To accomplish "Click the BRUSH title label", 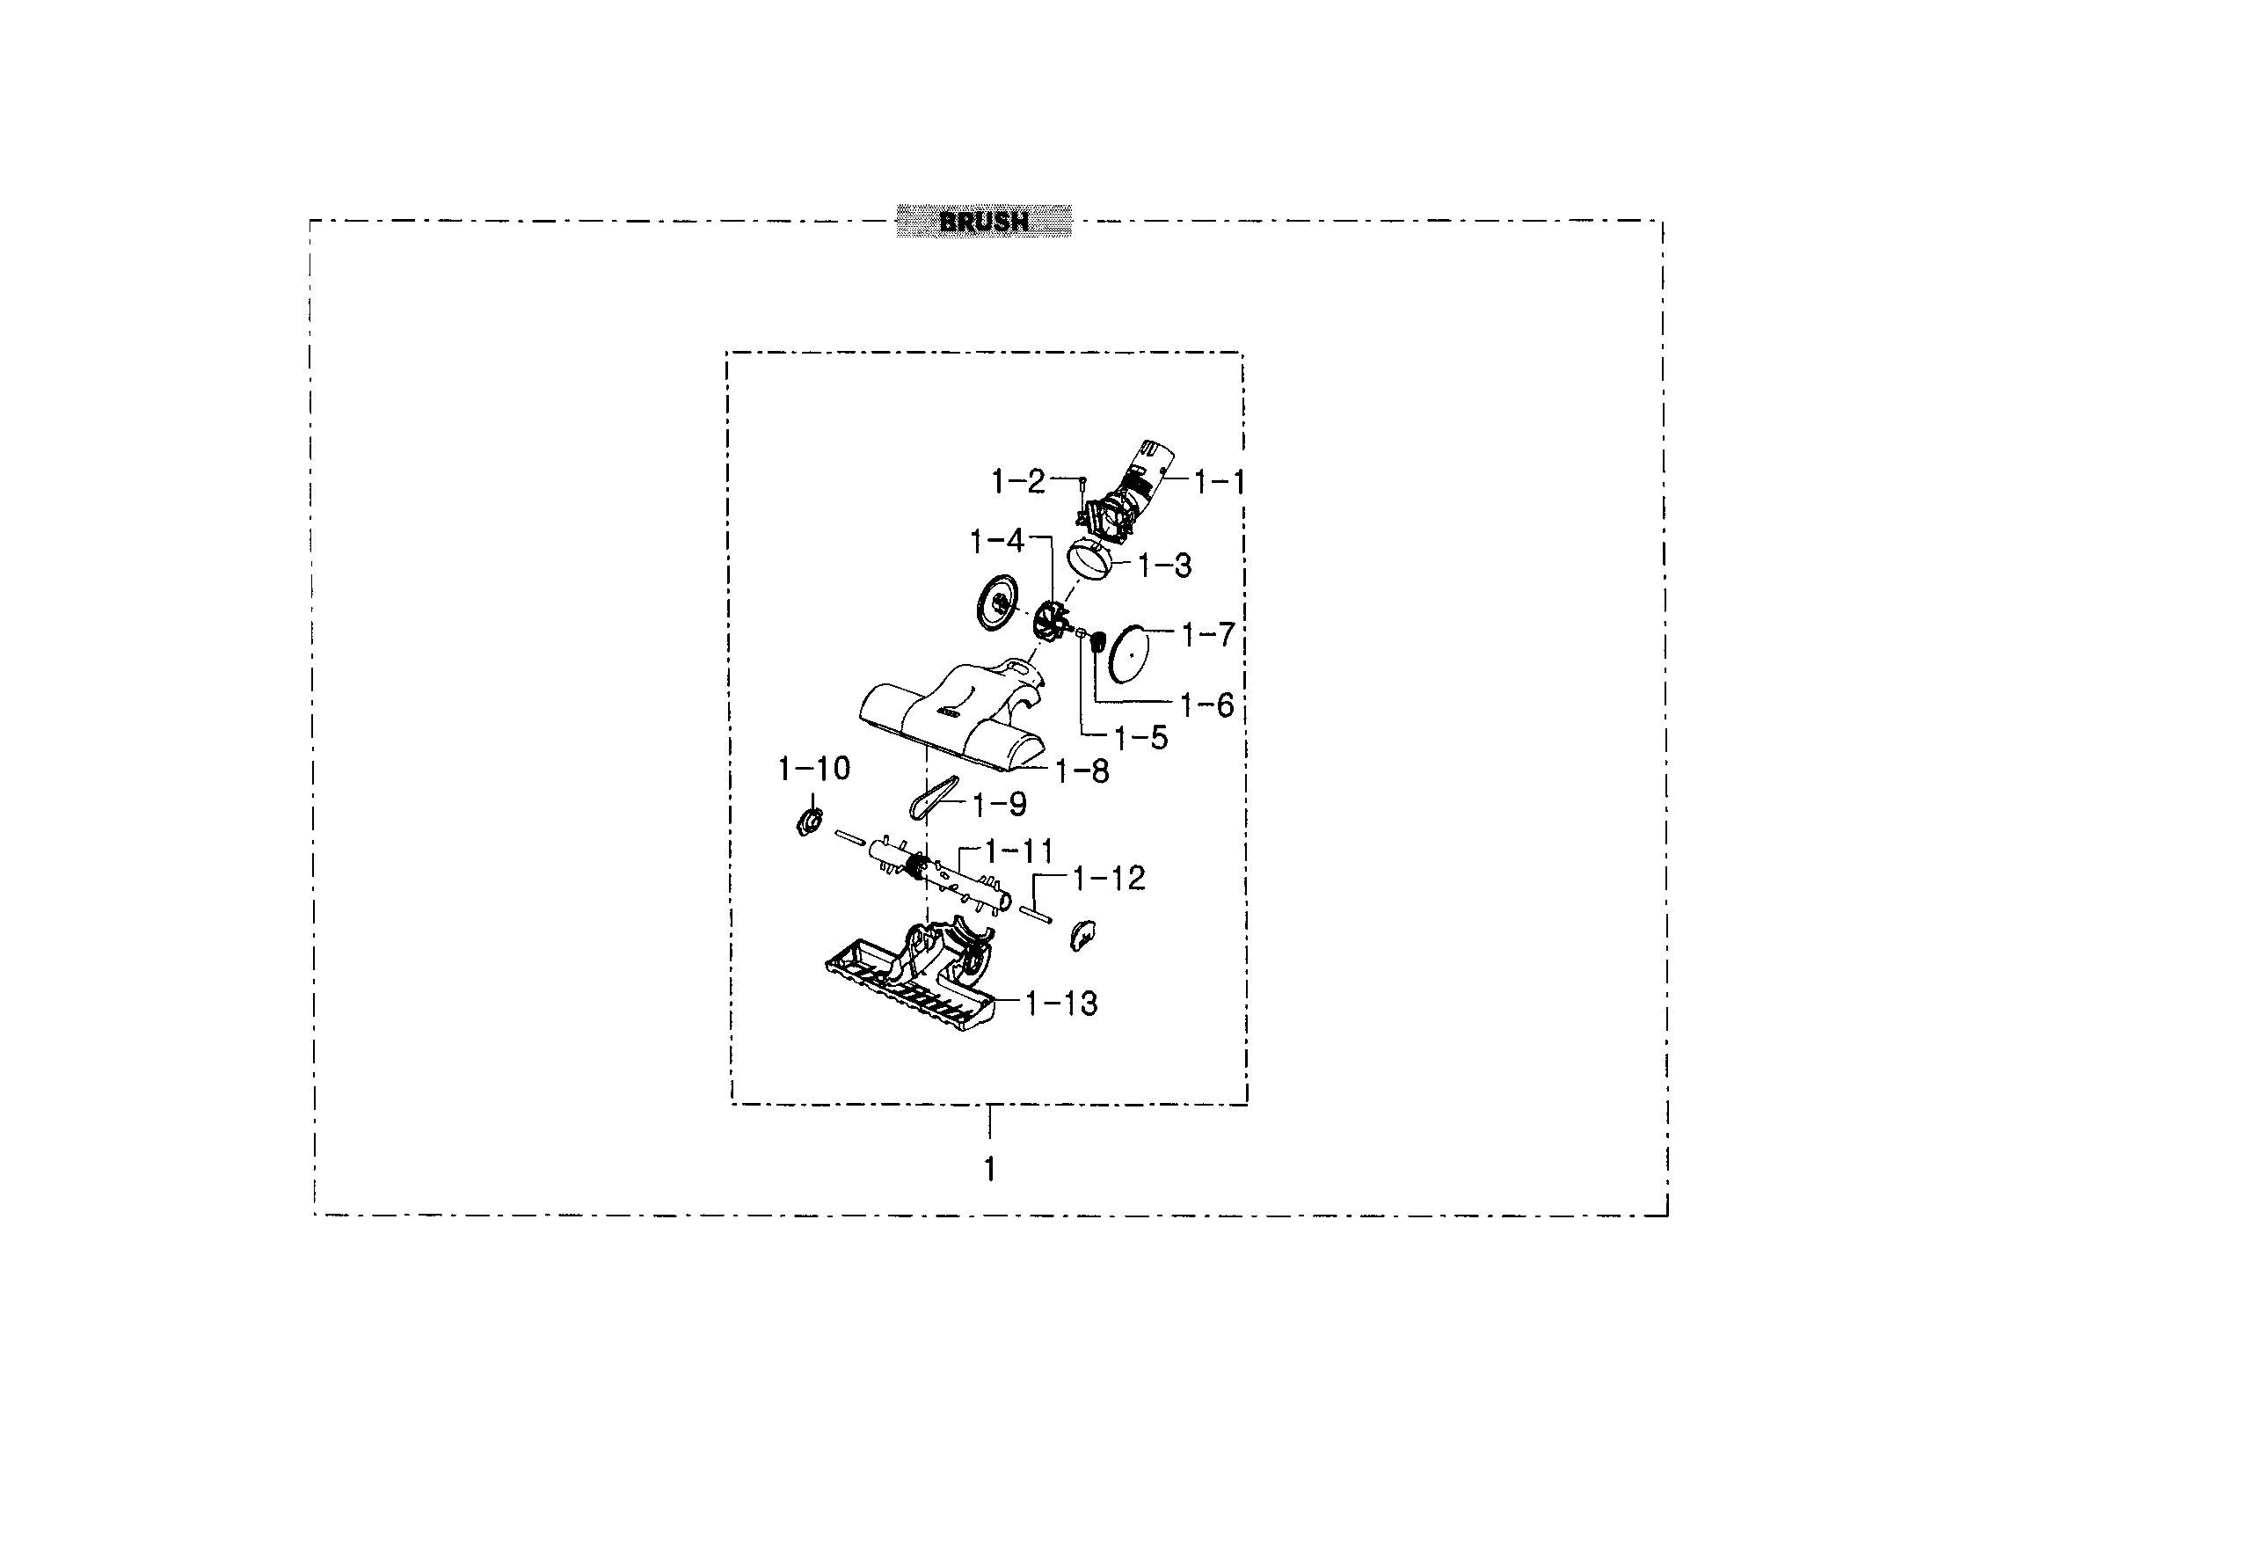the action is (983, 221).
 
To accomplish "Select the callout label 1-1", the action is (1219, 481).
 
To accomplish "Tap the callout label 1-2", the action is (1018, 481).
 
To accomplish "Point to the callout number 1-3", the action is (1165, 566).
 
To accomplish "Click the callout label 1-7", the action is (1208, 635).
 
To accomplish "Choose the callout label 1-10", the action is (813, 769).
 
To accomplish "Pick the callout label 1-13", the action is (1062, 1004).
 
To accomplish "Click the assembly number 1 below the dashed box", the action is (989, 1170).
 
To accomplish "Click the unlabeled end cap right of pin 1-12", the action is (1082, 935).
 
